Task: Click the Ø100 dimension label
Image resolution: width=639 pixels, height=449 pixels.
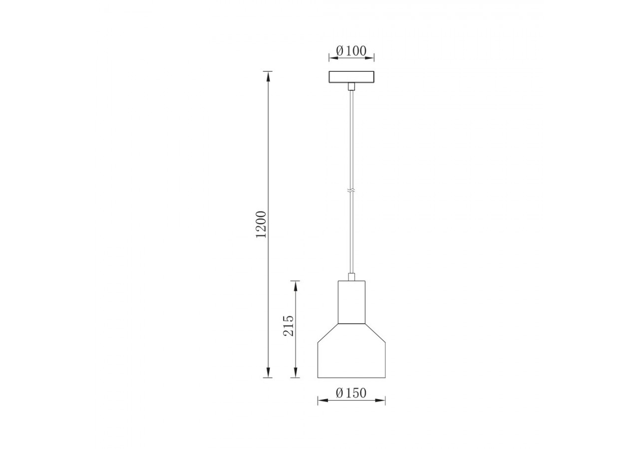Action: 351,50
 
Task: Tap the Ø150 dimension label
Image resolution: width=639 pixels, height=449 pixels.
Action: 351,393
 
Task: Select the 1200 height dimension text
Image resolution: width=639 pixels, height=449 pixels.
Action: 262,224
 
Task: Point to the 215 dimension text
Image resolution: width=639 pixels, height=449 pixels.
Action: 289,326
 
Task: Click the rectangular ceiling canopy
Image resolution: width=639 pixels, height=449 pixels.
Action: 351,77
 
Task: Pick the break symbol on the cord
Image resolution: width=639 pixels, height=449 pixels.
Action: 351,191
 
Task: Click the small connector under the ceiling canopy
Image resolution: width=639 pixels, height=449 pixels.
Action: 351,87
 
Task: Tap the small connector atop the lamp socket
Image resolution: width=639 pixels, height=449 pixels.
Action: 351,276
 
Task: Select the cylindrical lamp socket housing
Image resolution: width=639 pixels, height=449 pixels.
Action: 351,302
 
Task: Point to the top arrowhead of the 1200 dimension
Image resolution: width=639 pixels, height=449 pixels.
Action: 268,75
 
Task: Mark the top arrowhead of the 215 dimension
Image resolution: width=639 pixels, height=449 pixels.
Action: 296,285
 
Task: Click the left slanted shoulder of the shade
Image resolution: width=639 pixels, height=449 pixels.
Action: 328,333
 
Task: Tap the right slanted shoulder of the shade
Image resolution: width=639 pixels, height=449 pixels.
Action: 375,333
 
